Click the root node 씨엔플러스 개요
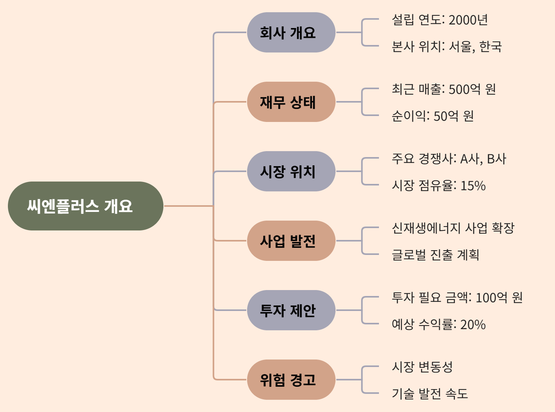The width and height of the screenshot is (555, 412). coord(86,206)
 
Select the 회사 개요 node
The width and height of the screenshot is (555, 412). coord(291,32)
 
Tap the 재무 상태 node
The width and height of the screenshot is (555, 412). coord(291,102)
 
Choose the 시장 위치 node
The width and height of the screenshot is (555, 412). coord(291,171)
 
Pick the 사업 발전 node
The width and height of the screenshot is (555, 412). coord(291,241)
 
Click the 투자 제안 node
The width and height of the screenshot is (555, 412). coord(291,310)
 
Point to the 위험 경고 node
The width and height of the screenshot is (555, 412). coord(291,380)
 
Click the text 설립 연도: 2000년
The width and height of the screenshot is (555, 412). coord(440,20)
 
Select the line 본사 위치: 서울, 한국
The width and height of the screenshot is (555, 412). coord(446,47)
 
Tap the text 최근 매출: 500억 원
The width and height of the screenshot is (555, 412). coord(444,89)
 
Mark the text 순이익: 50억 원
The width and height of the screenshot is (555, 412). coord(433,116)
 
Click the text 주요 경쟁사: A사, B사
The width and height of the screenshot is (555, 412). coord(449,159)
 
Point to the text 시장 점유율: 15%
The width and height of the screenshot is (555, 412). coord(439,185)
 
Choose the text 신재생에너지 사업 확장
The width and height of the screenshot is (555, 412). coord(453,228)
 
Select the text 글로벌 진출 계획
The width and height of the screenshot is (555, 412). coord(435,255)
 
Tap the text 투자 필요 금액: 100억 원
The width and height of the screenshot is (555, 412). coord(457,298)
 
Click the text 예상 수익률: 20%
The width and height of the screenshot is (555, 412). coord(439,324)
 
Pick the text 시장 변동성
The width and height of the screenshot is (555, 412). coord(422,367)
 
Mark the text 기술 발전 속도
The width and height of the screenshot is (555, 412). coord(429,394)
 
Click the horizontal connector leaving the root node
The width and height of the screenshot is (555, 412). coord(188,206)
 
